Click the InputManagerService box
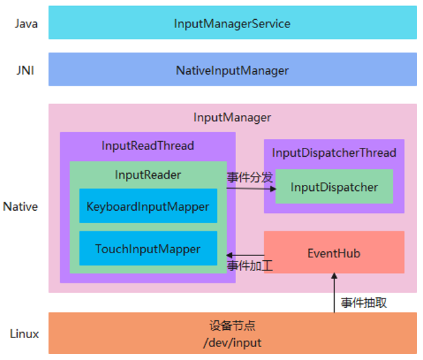[x=232, y=23]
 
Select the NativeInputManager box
[x=232, y=70]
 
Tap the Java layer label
[x=26, y=23]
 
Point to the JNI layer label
[x=26, y=70]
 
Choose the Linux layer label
[x=25, y=334]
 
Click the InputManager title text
[x=232, y=117]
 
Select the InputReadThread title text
[x=147, y=145]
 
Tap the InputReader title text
[x=148, y=175]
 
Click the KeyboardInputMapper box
[x=148, y=206]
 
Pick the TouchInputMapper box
[x=148, y=249]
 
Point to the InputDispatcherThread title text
[x=334, y=153]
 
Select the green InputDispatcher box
[x=334, y=187]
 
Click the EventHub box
[x=334, y=253]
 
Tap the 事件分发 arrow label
[x=250, y=177]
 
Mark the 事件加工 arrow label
[x=250, y=265]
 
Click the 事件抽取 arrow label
[x=363, y=302]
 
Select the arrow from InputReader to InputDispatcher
[x=251, y=188]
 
